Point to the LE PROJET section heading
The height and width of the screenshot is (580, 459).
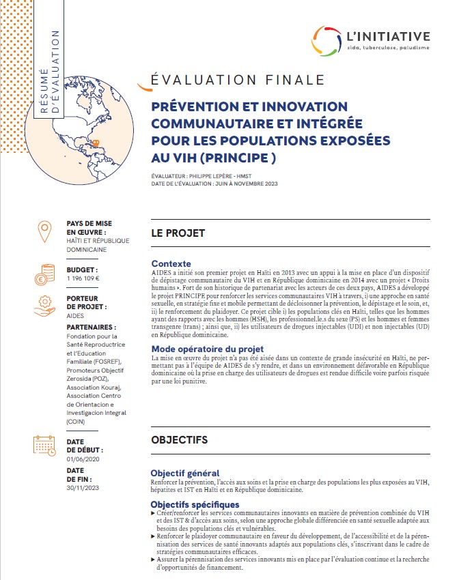click(x=178, y=233)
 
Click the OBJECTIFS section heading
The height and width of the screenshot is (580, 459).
click(x=179, y=440)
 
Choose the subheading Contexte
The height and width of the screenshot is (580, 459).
click(x=171, y=263)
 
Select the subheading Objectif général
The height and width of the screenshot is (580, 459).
click(x=184, y=473)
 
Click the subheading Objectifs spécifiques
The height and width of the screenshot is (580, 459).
click(x=195, y=504)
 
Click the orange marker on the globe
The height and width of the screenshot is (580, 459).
click(x=97, y=143)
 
